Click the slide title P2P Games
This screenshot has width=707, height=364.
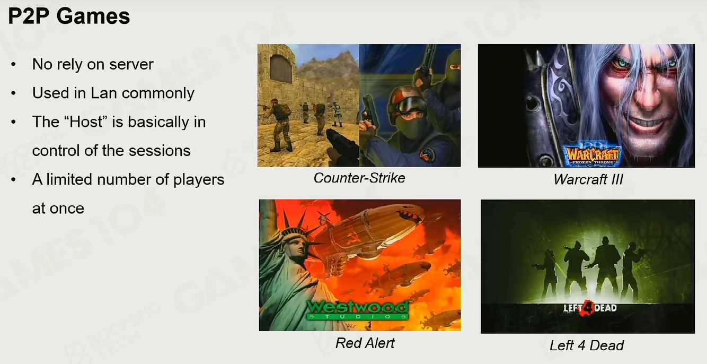69,16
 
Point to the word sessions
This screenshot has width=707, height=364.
160,151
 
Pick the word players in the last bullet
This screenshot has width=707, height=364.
199,180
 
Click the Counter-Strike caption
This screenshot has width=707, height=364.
359,178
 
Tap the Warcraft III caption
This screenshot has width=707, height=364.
588,179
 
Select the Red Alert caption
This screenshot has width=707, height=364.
365,343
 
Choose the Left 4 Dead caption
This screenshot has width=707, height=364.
587,345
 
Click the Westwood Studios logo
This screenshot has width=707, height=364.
357,310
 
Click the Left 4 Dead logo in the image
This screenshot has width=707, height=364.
590,308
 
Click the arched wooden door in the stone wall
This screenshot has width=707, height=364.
281,68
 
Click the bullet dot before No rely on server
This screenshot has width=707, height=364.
13,64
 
